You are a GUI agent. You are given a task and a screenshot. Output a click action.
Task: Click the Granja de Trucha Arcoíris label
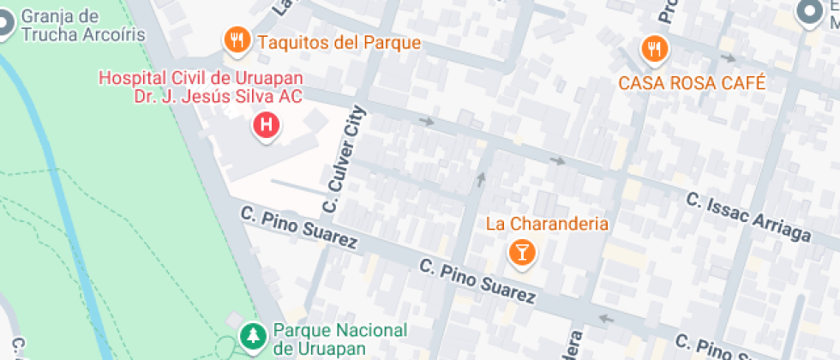pyautogui.click(x=72, y=26)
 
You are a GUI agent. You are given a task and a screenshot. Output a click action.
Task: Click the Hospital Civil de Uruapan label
pyautogui.click(x=201, y=87)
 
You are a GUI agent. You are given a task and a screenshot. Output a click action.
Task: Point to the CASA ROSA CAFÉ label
pyautogui.click(x=692, y=83)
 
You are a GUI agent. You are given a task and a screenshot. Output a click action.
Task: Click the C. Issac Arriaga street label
pyautogui.click(x=748, y=217)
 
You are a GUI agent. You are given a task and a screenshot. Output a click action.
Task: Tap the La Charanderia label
pyautogui.click(x=547, y=224)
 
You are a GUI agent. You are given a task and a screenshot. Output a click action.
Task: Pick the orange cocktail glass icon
pyautogui.click(x=520, y=252)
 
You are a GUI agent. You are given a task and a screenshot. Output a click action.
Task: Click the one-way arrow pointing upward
pyautogui.click(x=480, y=179)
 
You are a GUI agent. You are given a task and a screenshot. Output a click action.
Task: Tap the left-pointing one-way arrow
pyautogui.click(x=608, y=320)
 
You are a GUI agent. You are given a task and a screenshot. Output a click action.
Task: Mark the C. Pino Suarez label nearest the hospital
pyautogui.click(x=298, y=227)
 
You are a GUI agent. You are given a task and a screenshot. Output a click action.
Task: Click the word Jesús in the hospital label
pyautogui.click(x=231, y=97)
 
